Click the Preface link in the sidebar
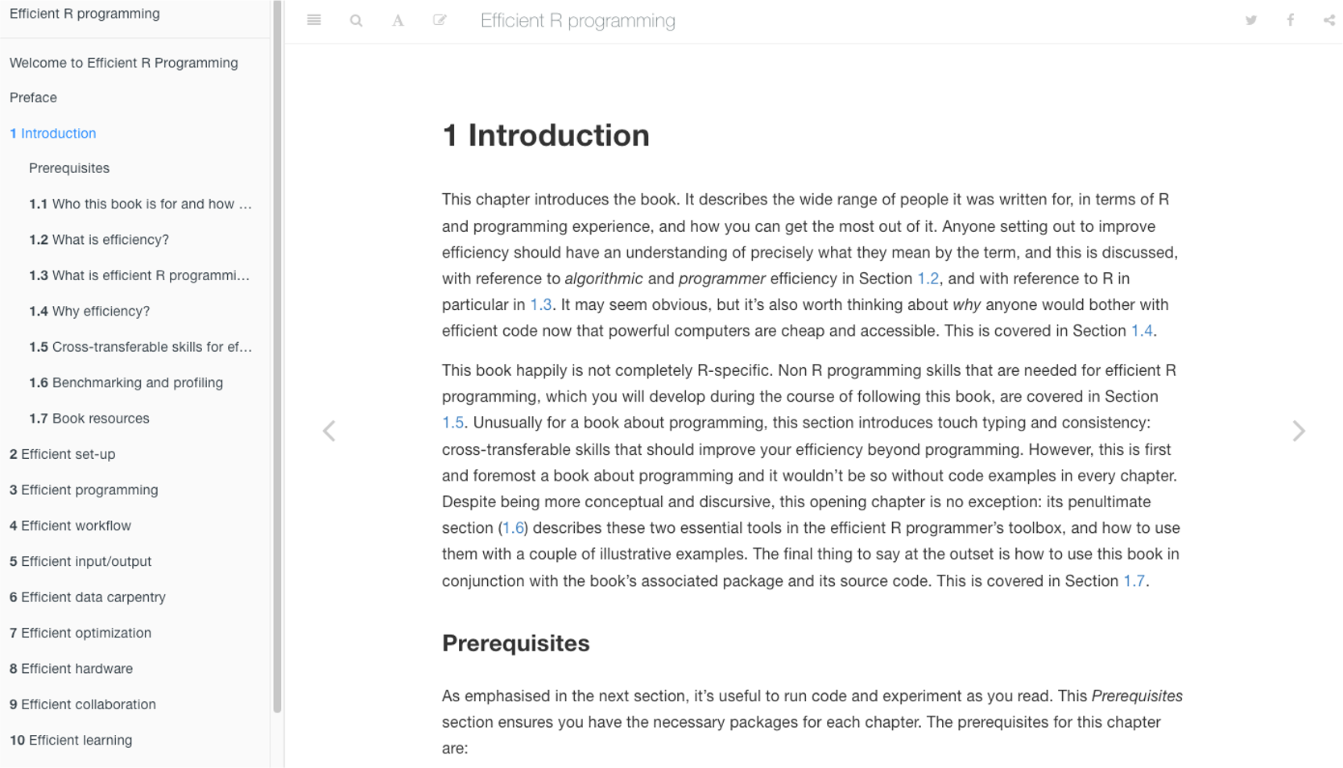click(x=33, y=98)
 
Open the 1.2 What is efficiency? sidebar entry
click(x=99, y=240)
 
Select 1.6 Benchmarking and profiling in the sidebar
click(x=126, y=383)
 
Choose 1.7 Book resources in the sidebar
click(x=89, y=419)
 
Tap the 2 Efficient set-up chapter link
click(x=62, y=455)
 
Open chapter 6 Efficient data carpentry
click(x=87, y=597)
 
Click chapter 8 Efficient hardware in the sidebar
click(x=71, y=669)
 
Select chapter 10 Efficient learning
click(x=71, y=741)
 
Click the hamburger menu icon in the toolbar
click(x=314, y=21)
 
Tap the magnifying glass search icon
click(x=356, y=21)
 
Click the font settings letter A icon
click(x=398, y=21)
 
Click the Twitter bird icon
click(x=1250, y=21)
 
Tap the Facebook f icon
click(x=1290, y=21)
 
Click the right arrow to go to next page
click(x=1298, y=431)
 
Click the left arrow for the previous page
click(x=329, y=431)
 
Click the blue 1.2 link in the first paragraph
click(x=928, y=279)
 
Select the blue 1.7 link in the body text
click(x=1134, y=581)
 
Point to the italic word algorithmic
click(x=604, y=279)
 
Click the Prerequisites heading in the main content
click(x=515, y=644)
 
